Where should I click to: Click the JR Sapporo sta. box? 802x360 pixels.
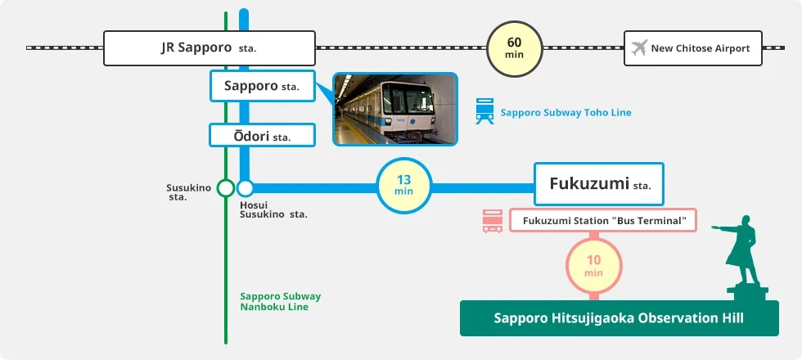click(x=209, y=48)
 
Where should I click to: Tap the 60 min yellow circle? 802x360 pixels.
click(x=514, y=48)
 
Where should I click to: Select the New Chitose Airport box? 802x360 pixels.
click(x=692, y=48)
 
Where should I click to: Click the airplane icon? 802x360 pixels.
click(x=640, y=48)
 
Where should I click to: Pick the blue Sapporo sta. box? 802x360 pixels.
click(x=262, y=86)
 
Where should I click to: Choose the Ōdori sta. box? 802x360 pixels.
click(x=262, y=135)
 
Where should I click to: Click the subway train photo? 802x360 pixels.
click(x=394, y=109)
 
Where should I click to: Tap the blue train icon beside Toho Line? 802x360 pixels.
click(x=484, y=111)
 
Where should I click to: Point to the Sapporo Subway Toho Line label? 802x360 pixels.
click(x=565, y=112)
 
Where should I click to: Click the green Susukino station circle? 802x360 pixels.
click(x=225, y=188)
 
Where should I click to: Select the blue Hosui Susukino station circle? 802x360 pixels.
click(x=245, y=188)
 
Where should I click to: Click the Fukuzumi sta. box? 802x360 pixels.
click(x=598, y=184)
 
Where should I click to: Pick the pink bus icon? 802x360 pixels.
click(x=493, y=221)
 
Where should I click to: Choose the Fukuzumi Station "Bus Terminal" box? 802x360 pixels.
click(x=602, y=220)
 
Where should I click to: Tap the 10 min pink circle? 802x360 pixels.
click(x=594, y=266)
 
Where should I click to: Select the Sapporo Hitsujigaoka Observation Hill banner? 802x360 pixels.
click(x=619, y=318)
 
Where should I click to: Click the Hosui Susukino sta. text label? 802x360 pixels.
click(x=273, y=209)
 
